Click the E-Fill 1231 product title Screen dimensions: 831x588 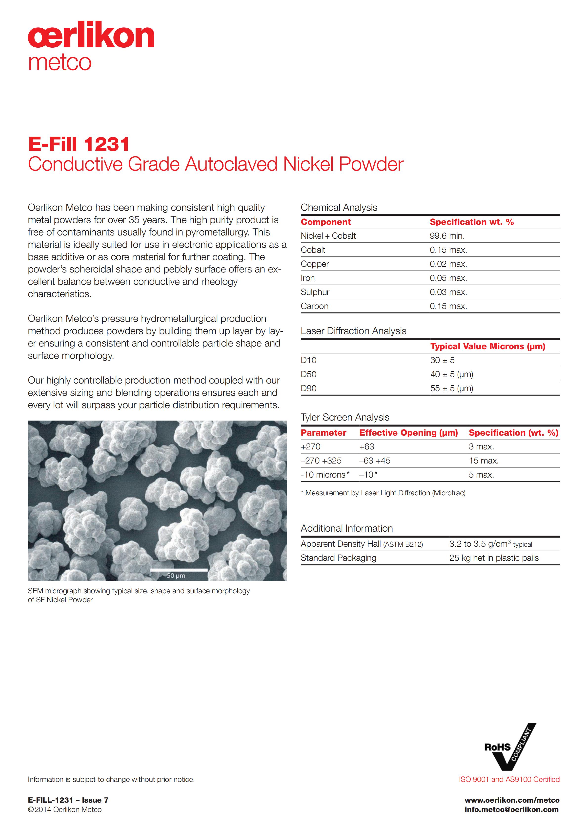[79, 144]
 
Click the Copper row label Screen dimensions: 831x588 [315, 264]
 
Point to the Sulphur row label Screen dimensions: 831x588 [315, 292]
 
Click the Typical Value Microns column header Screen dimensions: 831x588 [487, 346]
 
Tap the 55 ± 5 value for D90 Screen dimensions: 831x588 [451, 388]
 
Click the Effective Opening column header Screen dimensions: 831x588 [408, 433]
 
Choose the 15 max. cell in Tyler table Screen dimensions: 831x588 [484, 461]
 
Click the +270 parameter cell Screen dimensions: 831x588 [311, 447]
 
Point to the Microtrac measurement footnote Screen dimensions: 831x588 [383, 493]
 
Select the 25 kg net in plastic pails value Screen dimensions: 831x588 [494, 558]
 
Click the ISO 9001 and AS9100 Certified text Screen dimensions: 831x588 [509, 779]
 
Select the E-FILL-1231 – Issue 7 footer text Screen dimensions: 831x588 [68, 800]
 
